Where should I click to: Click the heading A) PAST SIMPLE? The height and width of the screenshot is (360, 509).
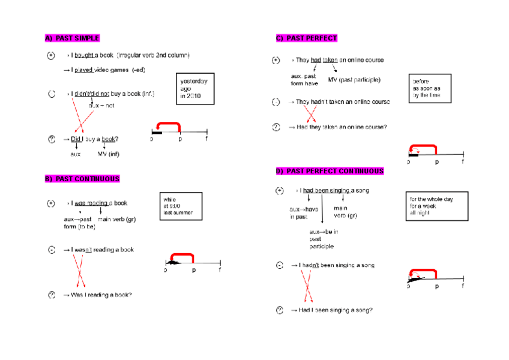[72, 38]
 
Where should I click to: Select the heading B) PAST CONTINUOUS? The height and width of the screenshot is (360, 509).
[82, 179]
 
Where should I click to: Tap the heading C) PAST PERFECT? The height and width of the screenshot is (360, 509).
[307, 38]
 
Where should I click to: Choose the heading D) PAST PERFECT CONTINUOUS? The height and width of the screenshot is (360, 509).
[330, 172]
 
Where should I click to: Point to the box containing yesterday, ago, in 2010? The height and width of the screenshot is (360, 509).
[196, 88]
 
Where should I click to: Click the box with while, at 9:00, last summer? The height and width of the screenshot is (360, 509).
[180, 206]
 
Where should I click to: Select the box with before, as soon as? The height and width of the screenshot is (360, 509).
[430, 88]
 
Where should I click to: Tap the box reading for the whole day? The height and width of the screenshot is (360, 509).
[436, 206]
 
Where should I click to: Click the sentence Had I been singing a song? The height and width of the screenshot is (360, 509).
[334, 310]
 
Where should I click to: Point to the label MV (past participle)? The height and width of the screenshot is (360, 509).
[354, 80]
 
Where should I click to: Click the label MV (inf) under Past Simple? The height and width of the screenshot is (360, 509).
[109, 154]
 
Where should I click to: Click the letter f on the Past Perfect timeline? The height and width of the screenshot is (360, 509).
[463, 162]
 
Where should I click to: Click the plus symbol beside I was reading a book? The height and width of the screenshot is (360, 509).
[52, 203]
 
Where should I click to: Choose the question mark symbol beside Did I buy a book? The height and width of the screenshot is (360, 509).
[52, 139]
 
